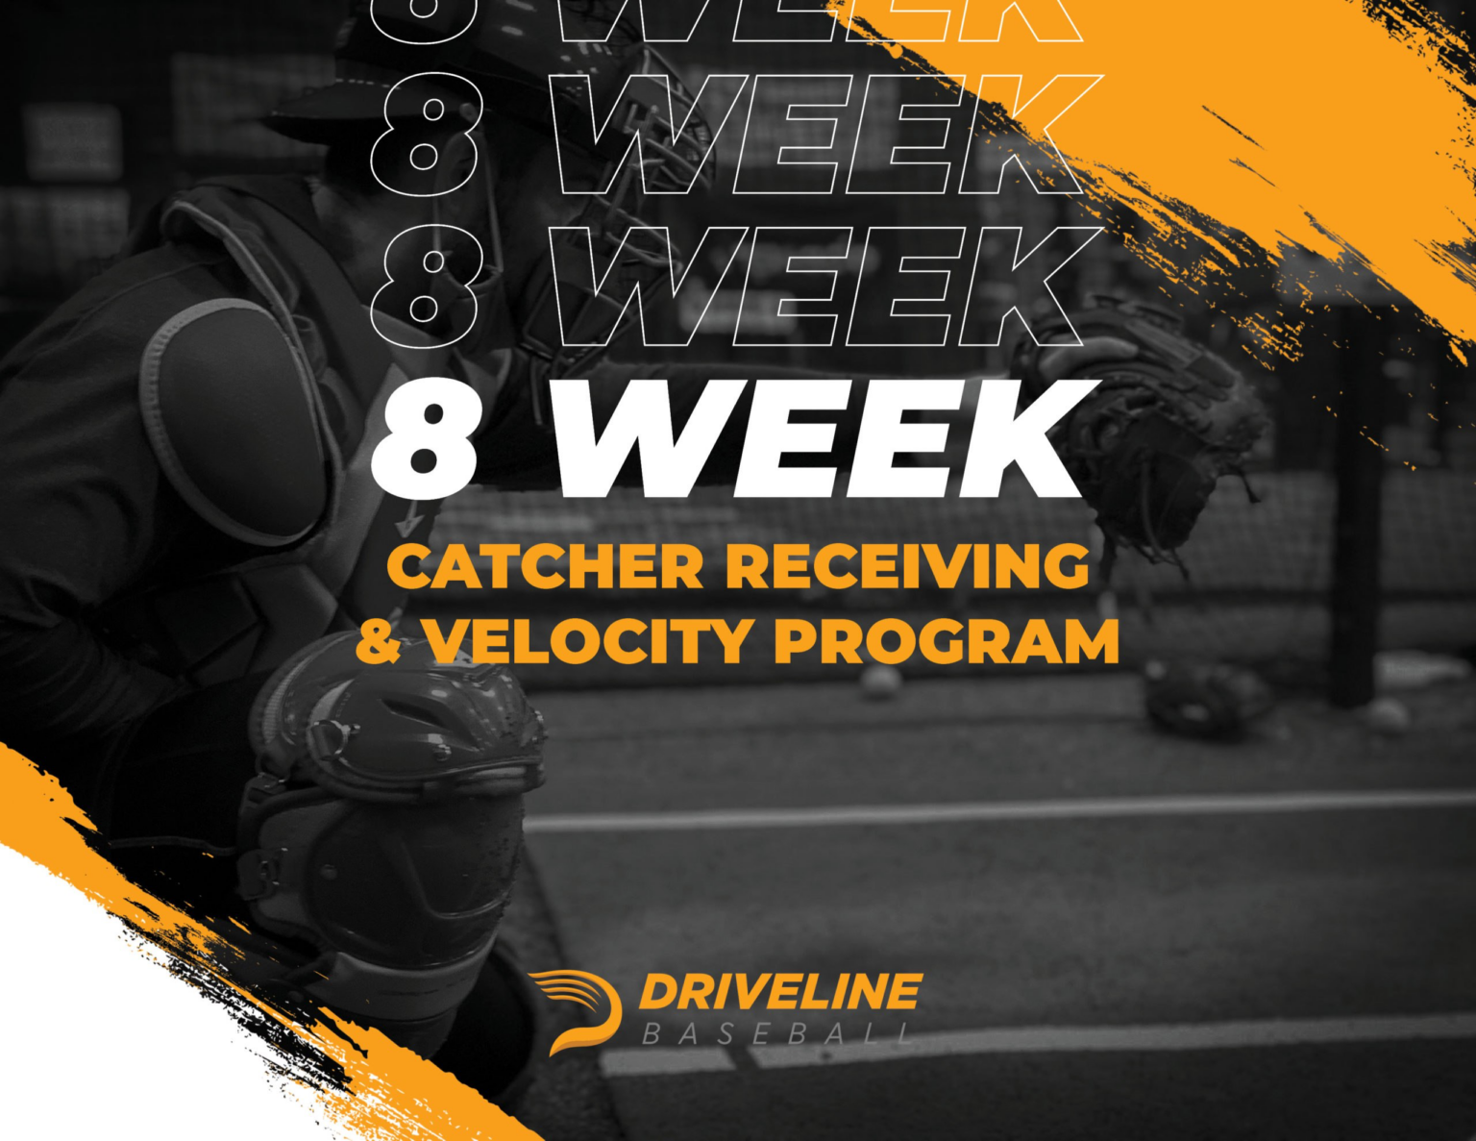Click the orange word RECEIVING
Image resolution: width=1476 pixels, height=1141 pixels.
coord(908,566)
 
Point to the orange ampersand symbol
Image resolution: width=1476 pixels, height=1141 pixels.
coord(379,641)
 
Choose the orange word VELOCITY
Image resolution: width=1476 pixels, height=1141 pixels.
coord(588,641)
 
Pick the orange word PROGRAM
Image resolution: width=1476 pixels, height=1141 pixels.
coord(947,641)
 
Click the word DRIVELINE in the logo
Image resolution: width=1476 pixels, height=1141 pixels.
coord(779,992)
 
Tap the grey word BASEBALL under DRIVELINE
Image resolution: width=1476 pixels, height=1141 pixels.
coord(776,1034)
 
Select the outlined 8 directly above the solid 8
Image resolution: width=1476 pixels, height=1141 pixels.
coord(425,286)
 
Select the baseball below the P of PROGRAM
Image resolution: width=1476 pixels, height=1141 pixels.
coord(880,683)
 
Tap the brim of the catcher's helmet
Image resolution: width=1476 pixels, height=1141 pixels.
coord(317,115)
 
